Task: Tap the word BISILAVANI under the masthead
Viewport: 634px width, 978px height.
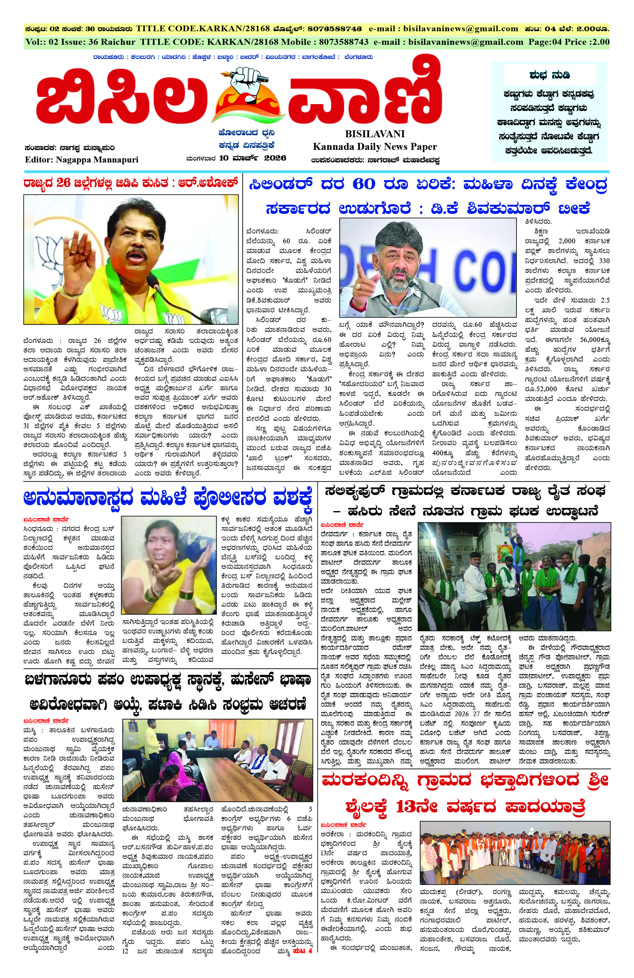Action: click(x=375, y=134)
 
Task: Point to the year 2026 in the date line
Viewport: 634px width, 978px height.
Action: click(x=275, y=158)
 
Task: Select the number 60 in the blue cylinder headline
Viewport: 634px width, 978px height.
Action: click(x=363, y=185)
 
